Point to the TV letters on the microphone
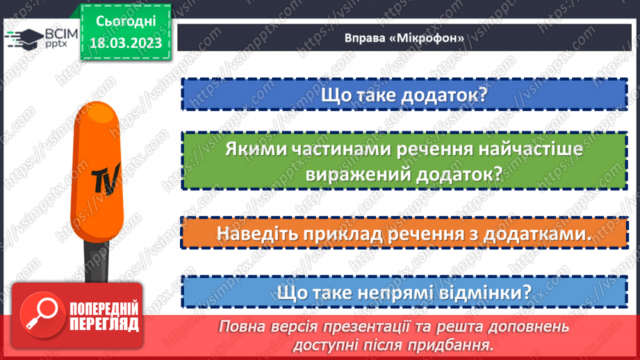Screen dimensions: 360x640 [x=105, y=177]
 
